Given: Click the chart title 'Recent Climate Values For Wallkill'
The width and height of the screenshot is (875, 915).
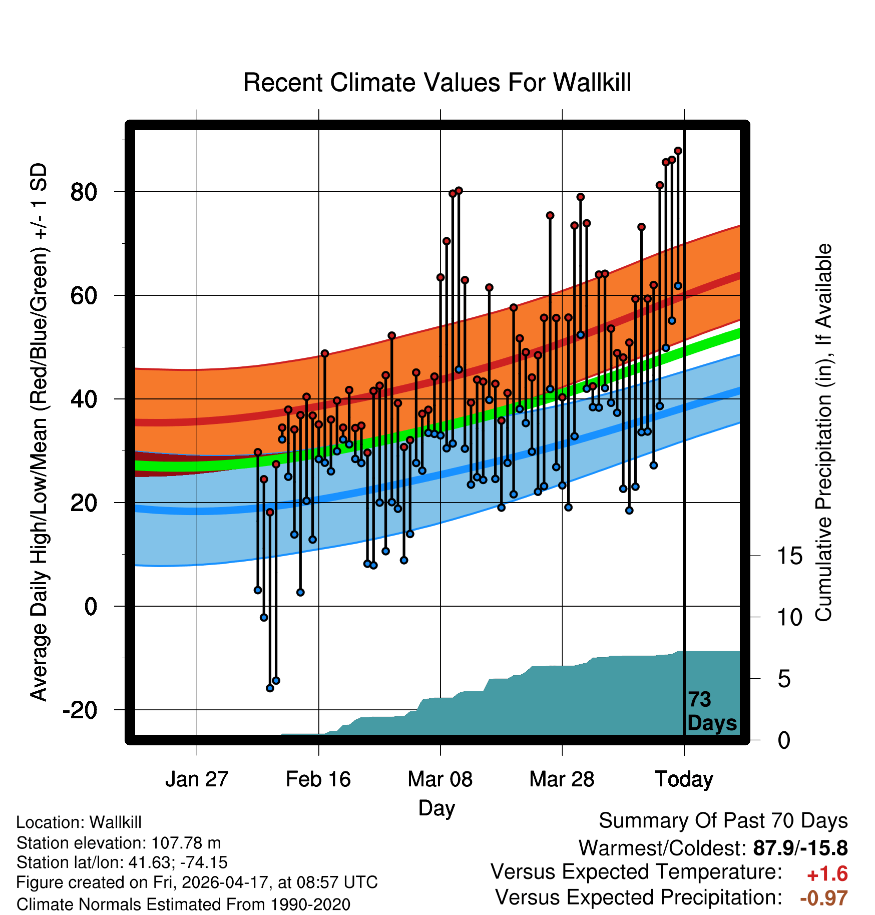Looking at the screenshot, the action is tap(437, 83).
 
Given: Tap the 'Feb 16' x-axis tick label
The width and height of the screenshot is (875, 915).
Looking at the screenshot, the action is tap(318, 779).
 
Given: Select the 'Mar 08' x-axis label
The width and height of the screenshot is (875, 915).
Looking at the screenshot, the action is tap(440, 779).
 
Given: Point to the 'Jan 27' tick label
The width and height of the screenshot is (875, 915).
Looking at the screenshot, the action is tap(197, 779).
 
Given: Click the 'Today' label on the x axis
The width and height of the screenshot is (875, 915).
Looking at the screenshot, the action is tap(684, 780).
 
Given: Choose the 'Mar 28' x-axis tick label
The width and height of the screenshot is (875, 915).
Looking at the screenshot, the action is tap(562, 779).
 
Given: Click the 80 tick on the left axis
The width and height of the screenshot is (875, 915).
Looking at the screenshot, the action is tap(84, 192).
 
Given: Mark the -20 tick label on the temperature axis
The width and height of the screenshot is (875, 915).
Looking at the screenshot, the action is tap(80, 710).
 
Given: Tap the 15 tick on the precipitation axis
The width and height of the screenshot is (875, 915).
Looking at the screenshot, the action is tap(790, 556).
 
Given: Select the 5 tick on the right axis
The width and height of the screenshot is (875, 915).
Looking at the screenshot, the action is tap(784, 679).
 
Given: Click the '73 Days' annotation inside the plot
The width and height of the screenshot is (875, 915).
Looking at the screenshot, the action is tap(712, 711).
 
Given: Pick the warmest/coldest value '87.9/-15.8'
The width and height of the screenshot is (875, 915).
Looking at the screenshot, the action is tap(800, 848).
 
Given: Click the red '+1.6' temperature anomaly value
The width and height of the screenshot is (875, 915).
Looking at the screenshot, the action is tap(827, 874).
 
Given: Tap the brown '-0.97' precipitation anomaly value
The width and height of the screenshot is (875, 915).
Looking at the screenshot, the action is tap(824, 898).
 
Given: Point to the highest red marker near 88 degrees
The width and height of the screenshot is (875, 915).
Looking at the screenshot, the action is tap(678, 151).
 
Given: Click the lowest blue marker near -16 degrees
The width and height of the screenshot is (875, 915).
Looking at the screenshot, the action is tap(270, 688).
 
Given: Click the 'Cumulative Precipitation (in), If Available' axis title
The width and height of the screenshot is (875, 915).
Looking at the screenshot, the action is tap(823, 432).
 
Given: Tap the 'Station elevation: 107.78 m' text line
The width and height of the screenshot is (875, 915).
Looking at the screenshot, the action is tap(119, 843).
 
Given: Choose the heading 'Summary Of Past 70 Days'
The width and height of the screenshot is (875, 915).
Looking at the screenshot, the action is tap(723, 821).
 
